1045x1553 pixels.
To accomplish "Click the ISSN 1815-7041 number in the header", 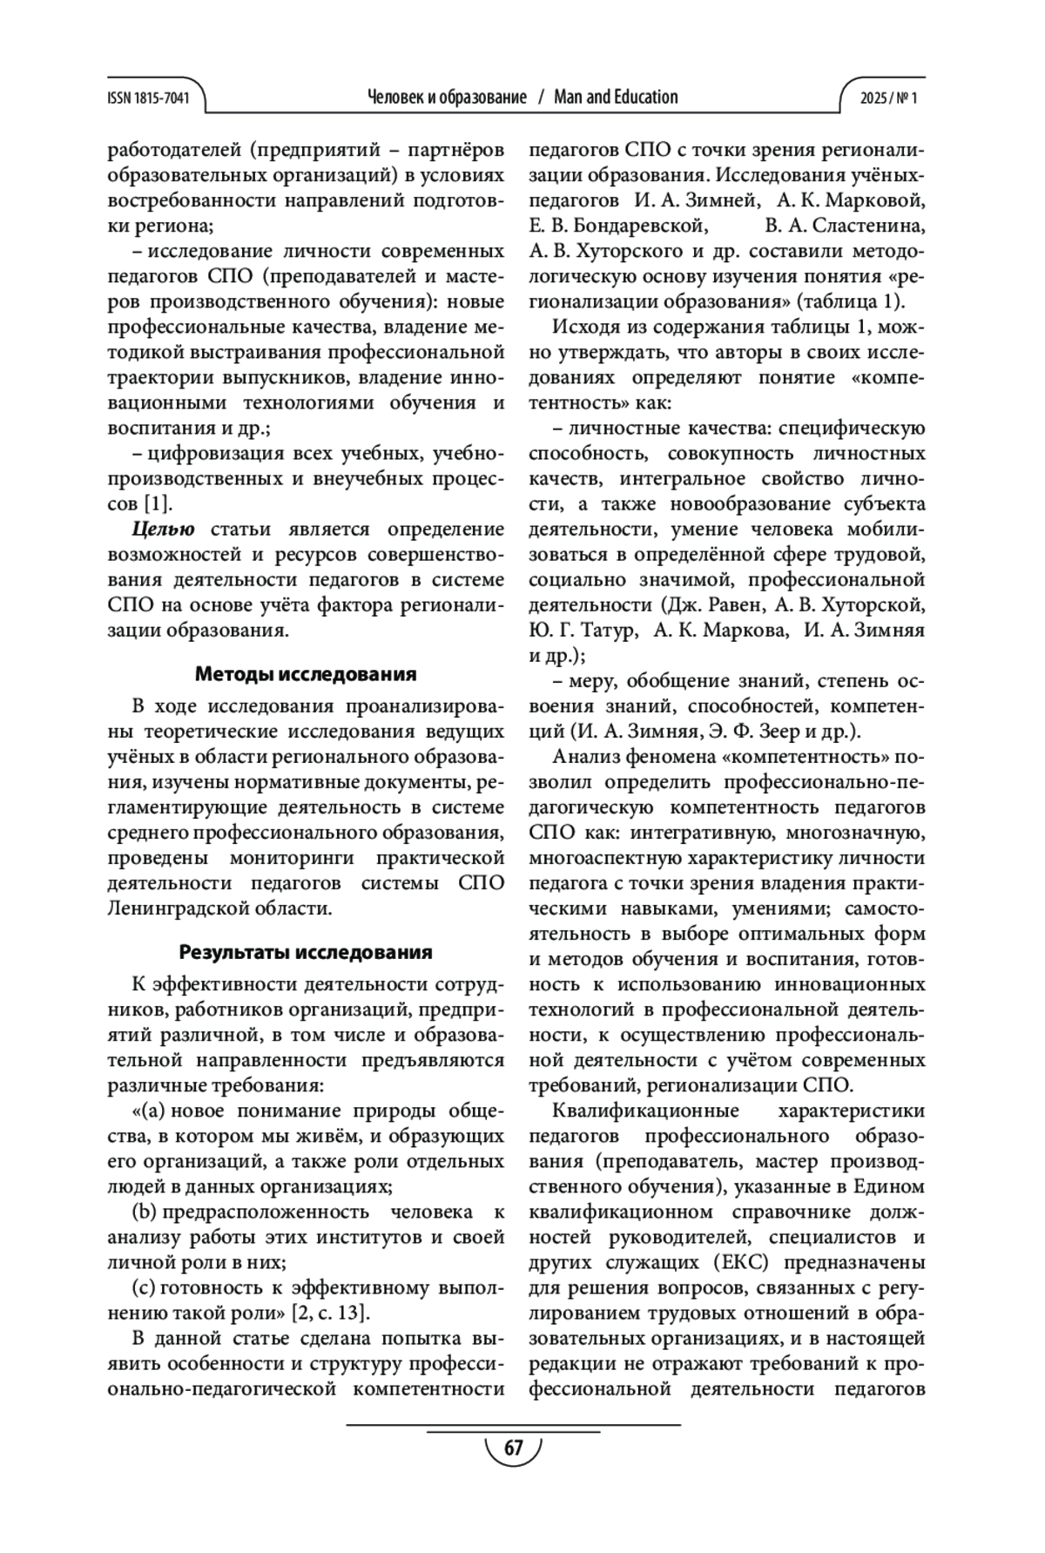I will click(147, 98).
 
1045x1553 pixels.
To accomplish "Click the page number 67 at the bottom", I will click(513, 1448).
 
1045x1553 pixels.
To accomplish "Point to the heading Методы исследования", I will click(306, 674).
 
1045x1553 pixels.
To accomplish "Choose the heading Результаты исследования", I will click(306, 952).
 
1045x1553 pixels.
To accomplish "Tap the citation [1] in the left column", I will click(157, 503).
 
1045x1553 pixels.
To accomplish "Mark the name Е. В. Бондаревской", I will click(617, 226).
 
